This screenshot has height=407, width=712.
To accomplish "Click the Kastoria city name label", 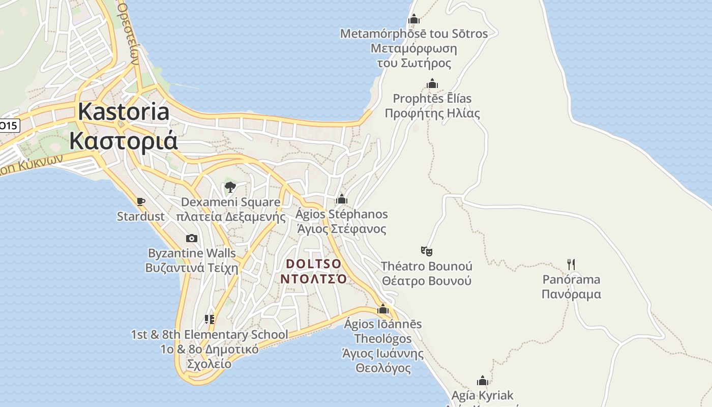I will (124, 112).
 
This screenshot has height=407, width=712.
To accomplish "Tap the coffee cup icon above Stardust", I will (141, 202).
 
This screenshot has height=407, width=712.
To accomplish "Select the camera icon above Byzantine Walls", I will (192, 238).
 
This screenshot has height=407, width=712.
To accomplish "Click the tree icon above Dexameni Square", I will (230, 187).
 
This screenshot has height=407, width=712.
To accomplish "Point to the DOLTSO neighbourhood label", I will (313, 264).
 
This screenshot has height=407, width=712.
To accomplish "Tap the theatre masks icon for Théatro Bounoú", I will (426, 251).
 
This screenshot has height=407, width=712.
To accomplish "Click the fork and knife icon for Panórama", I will (571, 264).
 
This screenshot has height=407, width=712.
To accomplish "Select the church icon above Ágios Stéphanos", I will (342, 199).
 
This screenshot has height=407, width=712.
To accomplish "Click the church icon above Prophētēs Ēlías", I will (432, 83).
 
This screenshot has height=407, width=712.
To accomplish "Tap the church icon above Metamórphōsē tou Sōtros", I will (413, 19).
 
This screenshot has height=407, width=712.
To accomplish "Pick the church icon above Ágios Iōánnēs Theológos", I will (383, 309).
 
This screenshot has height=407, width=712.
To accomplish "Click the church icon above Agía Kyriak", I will (482, 381).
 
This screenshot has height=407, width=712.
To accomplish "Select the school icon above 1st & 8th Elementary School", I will (209, 319).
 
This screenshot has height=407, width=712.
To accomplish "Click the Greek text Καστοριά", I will (124, 140).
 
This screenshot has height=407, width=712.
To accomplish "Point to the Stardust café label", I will (141, 217).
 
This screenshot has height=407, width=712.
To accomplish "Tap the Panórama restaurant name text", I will (571, 279).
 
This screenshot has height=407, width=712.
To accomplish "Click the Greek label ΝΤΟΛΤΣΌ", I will (313, 279).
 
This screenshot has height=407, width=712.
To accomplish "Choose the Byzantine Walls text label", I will (192, 253).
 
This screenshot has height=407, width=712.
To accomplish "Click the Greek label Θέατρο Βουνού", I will (427, 281).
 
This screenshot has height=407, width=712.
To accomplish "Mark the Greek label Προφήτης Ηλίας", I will (432, 113).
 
